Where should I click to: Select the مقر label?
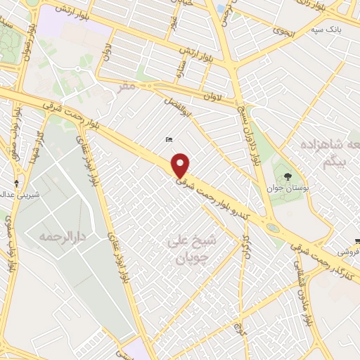point(125,86)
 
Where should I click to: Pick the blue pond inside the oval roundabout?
point(272,228)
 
